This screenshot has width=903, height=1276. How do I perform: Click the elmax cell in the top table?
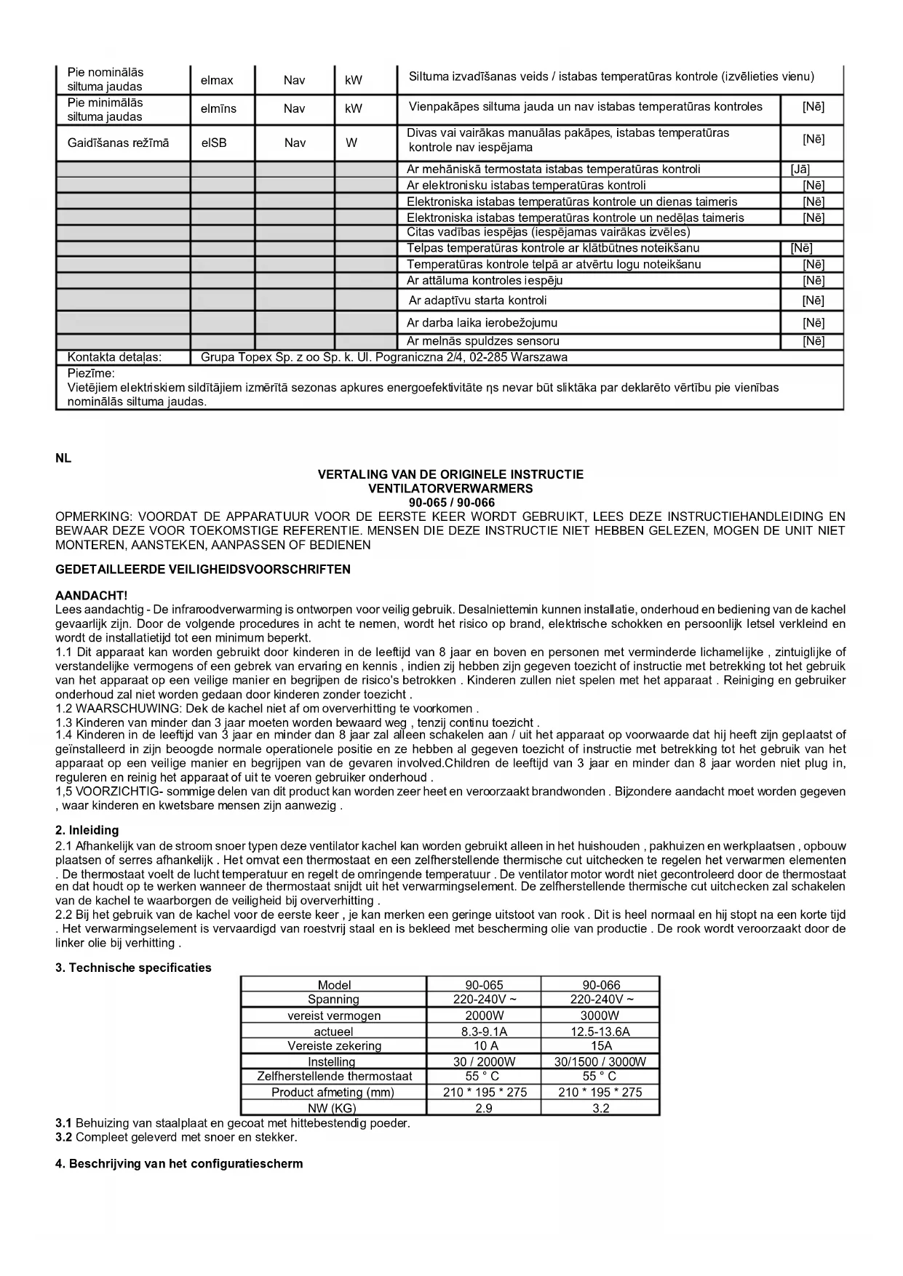[217, 80]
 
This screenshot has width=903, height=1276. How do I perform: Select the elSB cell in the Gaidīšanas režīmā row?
[214, 143]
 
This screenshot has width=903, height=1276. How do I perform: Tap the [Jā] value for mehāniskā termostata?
[800, 170]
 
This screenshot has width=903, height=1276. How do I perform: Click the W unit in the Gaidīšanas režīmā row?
[351, 143]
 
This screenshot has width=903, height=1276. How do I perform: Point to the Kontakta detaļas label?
[114, 357]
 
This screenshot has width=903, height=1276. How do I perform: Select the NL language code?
[63, 459]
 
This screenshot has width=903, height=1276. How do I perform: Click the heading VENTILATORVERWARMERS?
[450, 489]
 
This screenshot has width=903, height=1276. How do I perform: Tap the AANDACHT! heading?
[92, 595]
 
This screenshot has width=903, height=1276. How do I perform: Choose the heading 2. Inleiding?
[87, 830]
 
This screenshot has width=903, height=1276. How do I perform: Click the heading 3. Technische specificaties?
[133, 968]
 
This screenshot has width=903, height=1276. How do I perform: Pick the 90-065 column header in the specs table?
[484, 985]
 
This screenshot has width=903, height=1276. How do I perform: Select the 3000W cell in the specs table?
[600, 1016]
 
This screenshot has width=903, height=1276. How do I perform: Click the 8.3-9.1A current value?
[484, 1032]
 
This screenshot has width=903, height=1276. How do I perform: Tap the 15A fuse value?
[601, 1046]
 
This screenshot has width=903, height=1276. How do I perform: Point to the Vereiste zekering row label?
[334, 1046]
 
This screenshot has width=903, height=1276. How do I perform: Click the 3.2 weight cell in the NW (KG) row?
[600, 1108]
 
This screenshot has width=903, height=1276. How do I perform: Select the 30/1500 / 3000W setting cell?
[600, 1062]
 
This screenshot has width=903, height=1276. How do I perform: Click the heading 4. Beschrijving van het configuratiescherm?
[179, 1163]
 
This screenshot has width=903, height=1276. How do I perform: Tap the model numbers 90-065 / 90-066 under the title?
[451, 503]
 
